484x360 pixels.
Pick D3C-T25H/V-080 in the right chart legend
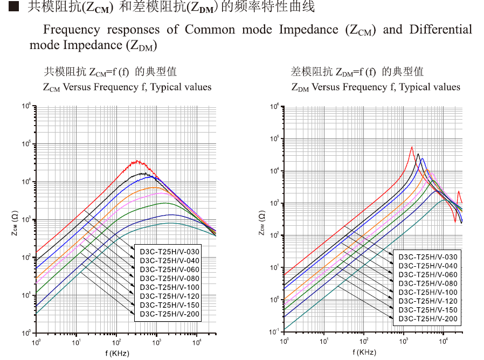coord(427,283)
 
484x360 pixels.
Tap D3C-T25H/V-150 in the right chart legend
coord(427,310)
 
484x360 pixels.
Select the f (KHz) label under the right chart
coord(364,352)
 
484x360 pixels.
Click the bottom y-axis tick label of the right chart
coord(274,331)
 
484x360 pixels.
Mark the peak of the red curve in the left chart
coord(137,161)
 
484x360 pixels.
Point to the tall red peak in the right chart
coord(412,147)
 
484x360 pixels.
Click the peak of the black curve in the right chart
coord(418,154)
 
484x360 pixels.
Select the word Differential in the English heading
coord(440,29)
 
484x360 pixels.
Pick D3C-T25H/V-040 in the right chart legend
coord(427,266)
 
